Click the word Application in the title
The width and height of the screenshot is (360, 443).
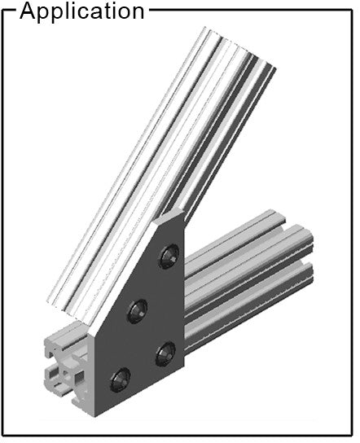(x=82, y=12)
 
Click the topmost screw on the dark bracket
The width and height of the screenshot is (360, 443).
(x=169, y=256)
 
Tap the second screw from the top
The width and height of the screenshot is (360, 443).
(x=138, y=311)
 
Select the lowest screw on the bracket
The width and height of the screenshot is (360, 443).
(x=121, y=379)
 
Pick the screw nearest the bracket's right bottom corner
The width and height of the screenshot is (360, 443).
(x=165, y=353)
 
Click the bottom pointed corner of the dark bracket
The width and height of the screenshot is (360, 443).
(x=95, y=416)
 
